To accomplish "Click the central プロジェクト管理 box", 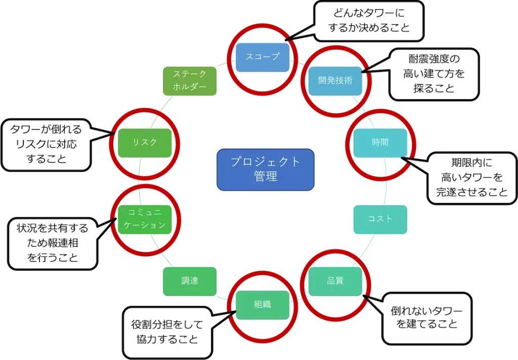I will [265, 170].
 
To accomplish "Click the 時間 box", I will [379, 142].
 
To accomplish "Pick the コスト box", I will [379, 219].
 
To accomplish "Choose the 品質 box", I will [335, 281].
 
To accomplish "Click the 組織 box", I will [263, 304].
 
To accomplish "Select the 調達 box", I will [190, 281].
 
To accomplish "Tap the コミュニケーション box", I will [145, 219].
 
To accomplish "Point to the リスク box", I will [145, 142].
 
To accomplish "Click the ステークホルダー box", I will [190, 81].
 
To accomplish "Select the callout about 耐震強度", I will [434, 74].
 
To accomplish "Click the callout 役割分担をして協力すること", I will [167, 332].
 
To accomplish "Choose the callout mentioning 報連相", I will [53, 243].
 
